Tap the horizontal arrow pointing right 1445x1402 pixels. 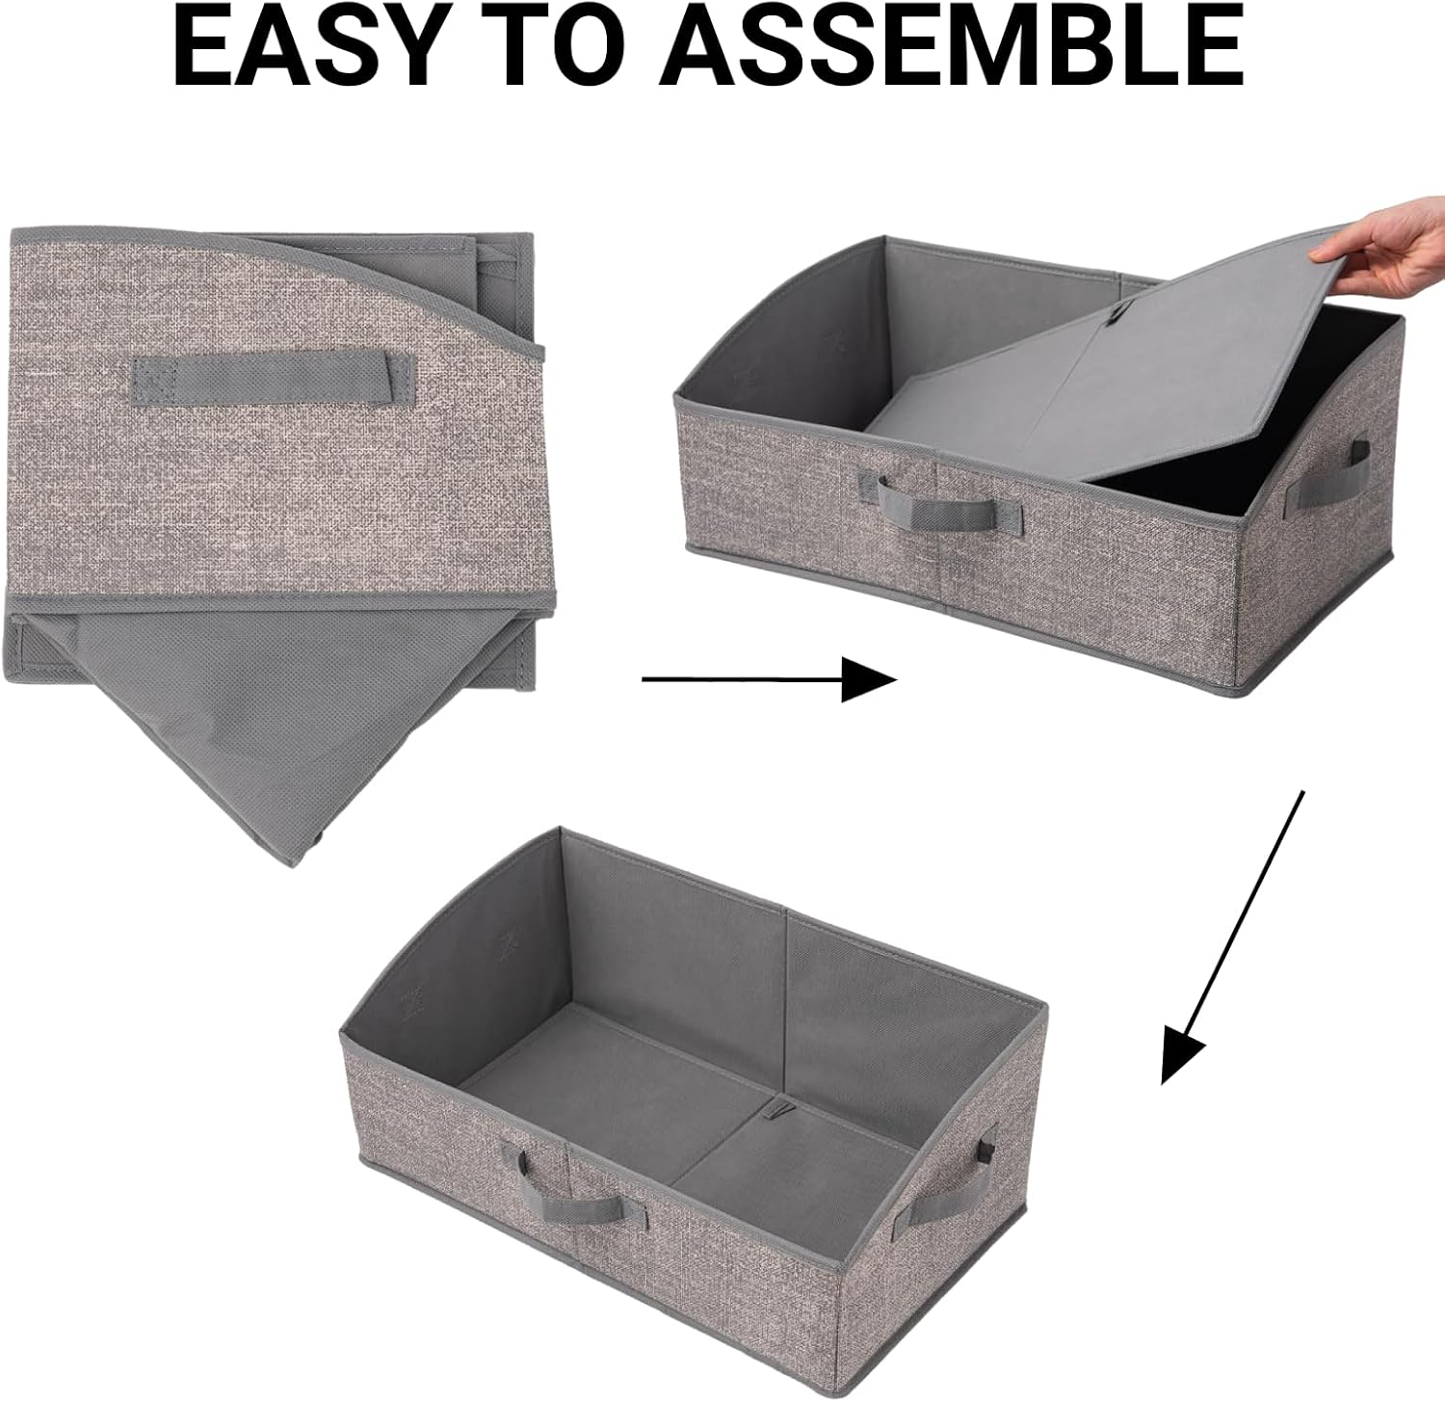[770, 679]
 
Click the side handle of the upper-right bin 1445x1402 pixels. [1333, 473]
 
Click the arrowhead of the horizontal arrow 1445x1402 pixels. [870, 679]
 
